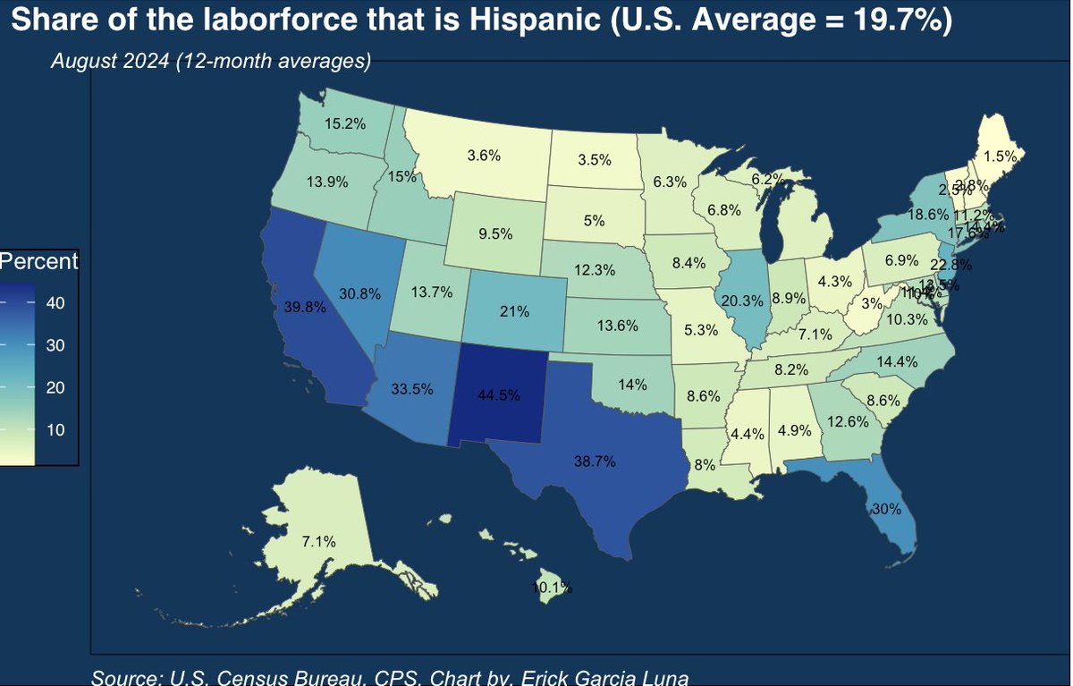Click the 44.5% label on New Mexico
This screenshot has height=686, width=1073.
499,396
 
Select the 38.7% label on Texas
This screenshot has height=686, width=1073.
595,461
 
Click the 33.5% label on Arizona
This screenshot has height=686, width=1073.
412,389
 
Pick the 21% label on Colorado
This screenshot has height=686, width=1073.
515,312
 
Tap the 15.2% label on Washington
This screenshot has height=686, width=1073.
345,124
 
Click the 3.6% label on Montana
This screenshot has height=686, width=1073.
484,155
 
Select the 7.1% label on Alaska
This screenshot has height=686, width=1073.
318,541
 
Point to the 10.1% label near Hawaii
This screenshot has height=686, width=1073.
551,588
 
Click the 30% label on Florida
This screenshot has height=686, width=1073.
885,508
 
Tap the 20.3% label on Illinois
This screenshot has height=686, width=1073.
741,301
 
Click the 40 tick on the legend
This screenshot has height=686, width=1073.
55,303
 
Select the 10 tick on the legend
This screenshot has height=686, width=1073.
55,429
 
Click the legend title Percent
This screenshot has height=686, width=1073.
39,262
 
